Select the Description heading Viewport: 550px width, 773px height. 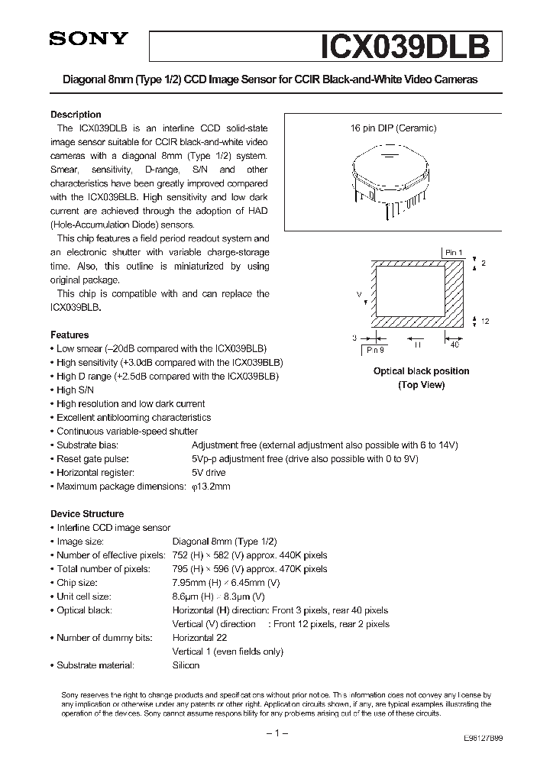[76, 115]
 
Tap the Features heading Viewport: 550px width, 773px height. [70, 335]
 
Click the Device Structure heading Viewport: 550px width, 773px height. [87, 514]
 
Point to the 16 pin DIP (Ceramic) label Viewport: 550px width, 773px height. [393, 128]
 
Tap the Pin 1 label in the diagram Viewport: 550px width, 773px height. [454, 251]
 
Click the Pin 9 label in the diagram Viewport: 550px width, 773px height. [375, 349]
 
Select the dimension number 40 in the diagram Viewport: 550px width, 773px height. [455, 345]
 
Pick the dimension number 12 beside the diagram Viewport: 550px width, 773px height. [485, 321]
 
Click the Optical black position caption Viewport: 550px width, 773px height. [421, 371]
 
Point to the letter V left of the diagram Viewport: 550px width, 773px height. [359, 293]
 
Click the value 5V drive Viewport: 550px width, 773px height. [209, 473]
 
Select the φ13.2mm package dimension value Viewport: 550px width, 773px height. [210, 487]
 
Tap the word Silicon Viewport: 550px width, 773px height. [186, 665]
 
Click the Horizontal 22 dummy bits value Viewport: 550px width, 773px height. [200, 638]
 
